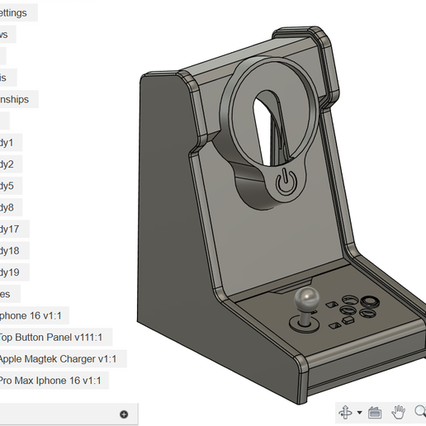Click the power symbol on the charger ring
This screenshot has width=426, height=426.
pyautogui.click(x=286, y=182)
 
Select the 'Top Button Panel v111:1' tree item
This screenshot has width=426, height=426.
pyautogui.click(x=54, y=337)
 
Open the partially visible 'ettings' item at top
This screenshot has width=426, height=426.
pyautogui.click(x=15, y=13)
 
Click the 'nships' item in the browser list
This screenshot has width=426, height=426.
pyautogui.click(x=17, y=99)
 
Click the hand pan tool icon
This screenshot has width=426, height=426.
pyautogui.click(x=397, y=411)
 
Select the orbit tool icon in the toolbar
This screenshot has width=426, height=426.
pyautogui.click(x=345, y=411)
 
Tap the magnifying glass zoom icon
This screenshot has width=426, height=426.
pyautogui.click(x=419, y=411)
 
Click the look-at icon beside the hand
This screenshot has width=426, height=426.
pyautogui.click(x=374, y=411)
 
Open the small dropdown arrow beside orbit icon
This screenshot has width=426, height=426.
pyautogui.click(x=359, y=412)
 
